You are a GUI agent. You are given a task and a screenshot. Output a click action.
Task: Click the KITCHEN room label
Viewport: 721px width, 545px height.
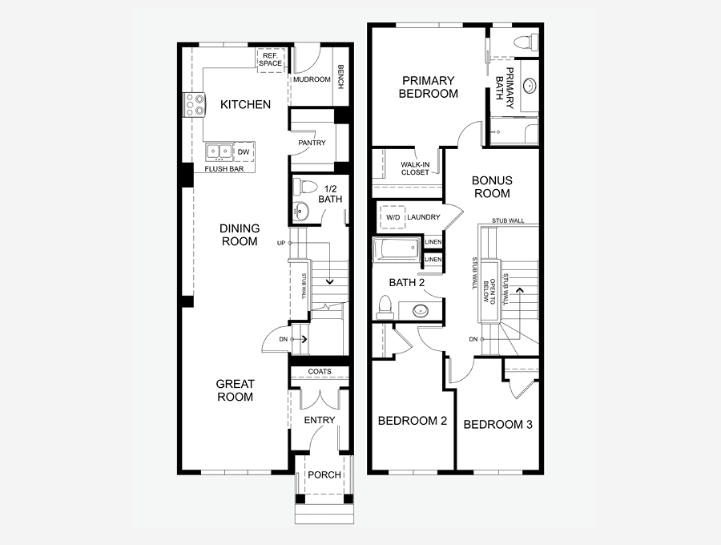click(246, 104)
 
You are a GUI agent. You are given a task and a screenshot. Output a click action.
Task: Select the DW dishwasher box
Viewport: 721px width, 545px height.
click(244, 151)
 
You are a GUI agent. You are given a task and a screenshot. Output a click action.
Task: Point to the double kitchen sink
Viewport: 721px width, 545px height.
click(219, 151)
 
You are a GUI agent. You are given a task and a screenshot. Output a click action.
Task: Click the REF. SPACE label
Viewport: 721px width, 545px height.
click(271, 60)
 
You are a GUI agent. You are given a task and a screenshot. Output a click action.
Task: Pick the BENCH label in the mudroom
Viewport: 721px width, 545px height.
click(340, 77)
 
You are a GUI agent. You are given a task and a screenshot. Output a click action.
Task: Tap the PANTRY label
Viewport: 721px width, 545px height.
click(312, 143)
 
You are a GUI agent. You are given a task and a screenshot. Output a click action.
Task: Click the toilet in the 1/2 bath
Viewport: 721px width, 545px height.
click(306, 188)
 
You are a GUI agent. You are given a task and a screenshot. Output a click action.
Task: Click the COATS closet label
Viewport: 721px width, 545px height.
click(320, 371)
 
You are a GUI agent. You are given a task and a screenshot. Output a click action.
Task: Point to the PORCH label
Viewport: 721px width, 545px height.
click(324, 474)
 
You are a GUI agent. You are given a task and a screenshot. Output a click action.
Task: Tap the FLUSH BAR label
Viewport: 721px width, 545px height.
click(224, 169)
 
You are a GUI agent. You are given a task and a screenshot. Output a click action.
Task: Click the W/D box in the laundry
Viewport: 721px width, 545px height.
click(393, 217)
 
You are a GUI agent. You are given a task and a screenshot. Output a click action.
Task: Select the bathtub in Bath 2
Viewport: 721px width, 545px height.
click(397, 251)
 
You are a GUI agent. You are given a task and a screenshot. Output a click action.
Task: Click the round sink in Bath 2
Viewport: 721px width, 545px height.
click(420, 311)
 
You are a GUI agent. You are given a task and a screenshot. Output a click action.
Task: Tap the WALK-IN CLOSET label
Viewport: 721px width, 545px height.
click(415, 168)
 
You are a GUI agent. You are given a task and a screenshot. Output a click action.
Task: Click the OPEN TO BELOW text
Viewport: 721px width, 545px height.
click(489, 291)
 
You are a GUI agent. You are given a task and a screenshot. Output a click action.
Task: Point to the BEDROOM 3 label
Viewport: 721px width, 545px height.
click(498, 425)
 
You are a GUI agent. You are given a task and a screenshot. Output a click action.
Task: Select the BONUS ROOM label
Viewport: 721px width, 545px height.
click(492, 187)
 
